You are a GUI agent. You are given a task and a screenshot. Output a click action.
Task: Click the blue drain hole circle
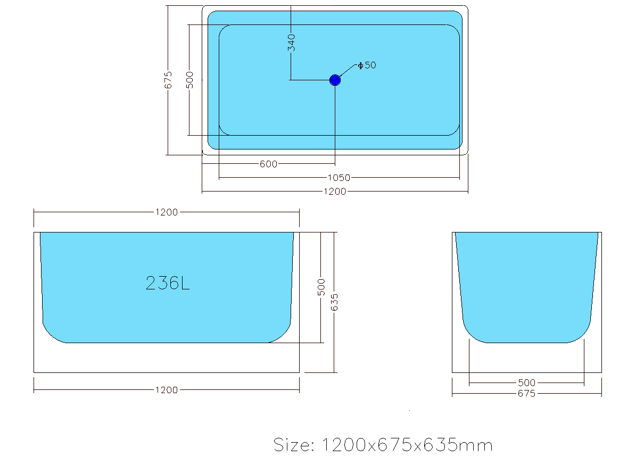(x=335, y=80)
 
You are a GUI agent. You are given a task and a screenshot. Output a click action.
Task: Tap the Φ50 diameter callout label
(x=367, y=65)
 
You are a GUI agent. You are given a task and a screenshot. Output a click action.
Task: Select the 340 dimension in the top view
(x=291, y=43)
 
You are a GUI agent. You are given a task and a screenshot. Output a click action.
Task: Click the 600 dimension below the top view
(x=268, y=164)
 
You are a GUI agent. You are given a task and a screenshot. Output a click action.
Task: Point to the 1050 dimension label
(x=339, y=178)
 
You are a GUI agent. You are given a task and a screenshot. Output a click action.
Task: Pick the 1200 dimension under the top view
(x=335, y=192)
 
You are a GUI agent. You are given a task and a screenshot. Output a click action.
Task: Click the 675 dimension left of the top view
(x=168, y=80)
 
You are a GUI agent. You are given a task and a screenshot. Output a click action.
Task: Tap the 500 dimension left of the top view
(x=189, y=80)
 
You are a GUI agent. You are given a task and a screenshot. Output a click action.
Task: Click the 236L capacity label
(x=168, y=283)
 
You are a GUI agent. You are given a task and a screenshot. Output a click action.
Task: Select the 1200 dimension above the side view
(x=167, y=212)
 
